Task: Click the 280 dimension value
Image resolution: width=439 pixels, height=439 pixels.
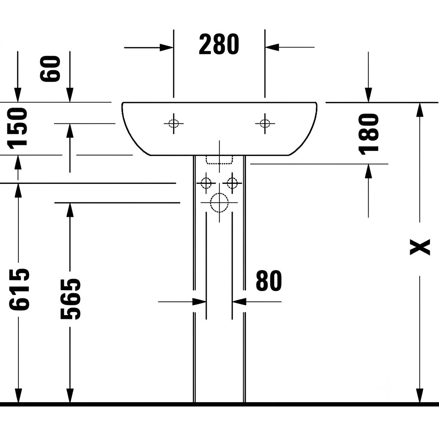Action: point(219,44)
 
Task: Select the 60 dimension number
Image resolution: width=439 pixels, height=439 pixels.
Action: point(50,69)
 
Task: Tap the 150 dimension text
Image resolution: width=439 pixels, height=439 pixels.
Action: point(17,128)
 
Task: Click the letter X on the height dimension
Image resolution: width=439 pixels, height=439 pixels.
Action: point(420,247)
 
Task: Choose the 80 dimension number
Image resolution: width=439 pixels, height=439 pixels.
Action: point(269,280)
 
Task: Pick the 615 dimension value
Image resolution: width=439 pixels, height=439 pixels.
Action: point(19,289)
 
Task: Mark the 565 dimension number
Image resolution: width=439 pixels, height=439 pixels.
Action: point(70,299)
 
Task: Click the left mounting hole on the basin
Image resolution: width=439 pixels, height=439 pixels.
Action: point(174,123)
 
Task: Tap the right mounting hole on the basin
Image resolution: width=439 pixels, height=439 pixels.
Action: point(265,123)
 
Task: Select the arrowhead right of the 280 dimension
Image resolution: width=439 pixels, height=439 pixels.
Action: point(272,47)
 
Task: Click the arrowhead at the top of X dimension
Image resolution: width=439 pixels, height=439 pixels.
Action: point(419,110)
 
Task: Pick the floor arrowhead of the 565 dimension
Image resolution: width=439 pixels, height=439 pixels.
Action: point(70,395)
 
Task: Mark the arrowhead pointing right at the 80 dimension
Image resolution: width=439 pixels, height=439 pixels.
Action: point(199,302)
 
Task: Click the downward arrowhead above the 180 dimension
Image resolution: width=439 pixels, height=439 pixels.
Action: point(368,96)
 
